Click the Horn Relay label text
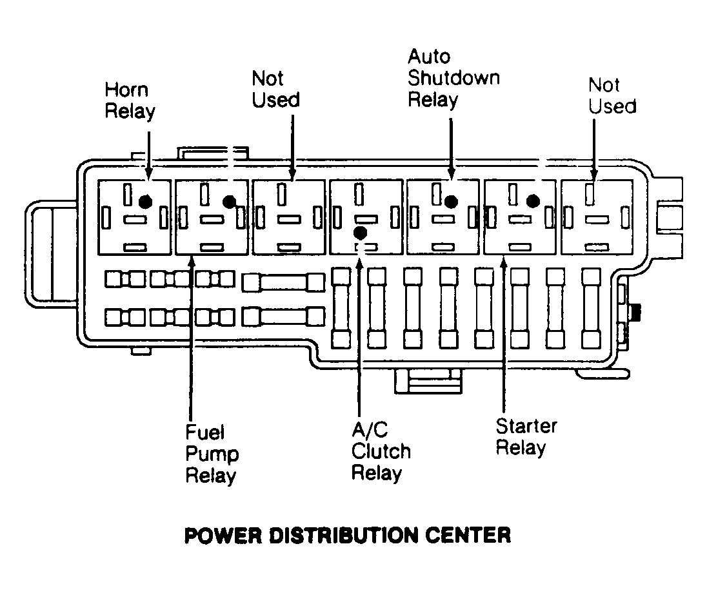pyautogui.click(x=130, y=101)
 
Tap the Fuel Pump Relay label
pyautogui.click(x=212, y=453)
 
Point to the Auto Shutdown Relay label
pyautogui.click(x=453, y=79)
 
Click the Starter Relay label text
pyautogui.click(x=526, y=436)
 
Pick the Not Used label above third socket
pyautogui.click(x=275, y=90)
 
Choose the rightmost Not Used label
pyautogui.click(x=612, y=95)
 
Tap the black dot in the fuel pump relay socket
pyautogui.click(x=228, y=201)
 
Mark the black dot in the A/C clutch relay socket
pyautogui.click(x=361, y=232)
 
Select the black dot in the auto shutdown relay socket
pyautogui.click(x=451, y=201)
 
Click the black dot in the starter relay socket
pyautogui.click(x=533, y=200)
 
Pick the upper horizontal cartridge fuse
pyautogui.click(x=283, y=282)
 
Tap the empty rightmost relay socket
pyautogui.click(x=596, y=217)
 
